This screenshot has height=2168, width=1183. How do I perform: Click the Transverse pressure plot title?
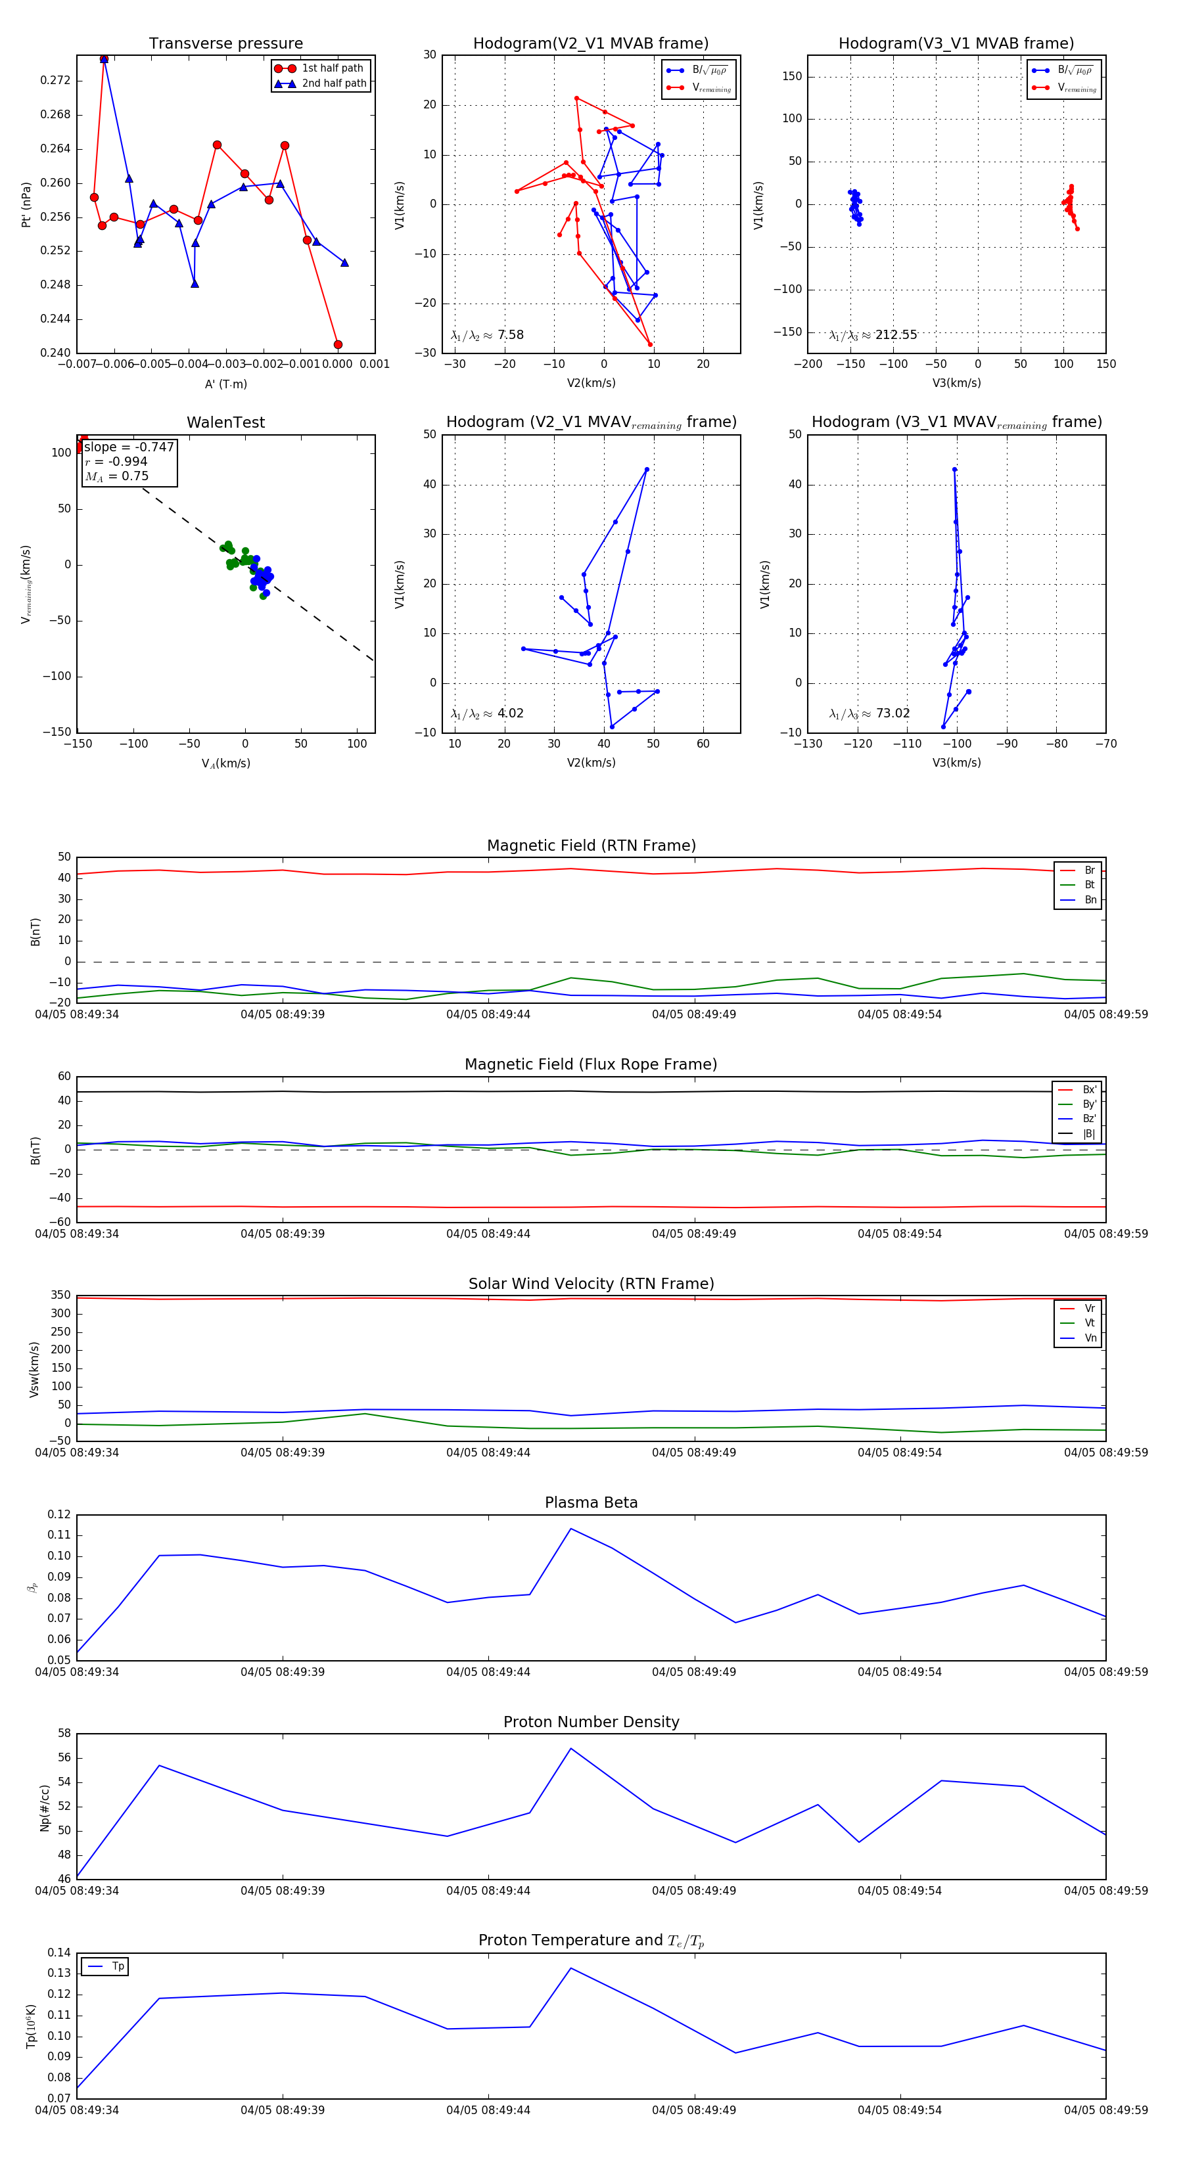225,44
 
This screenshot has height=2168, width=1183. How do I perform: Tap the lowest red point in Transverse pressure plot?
338,344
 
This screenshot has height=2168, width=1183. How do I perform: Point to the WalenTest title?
225,422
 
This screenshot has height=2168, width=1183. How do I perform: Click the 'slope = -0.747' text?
129,447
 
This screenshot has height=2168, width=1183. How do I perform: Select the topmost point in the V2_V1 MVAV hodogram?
647,470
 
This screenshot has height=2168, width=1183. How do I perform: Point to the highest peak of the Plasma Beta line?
571,1528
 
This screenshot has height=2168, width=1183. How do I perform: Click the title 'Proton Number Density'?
591,1722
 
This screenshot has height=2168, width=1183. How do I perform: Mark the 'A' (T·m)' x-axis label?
225,384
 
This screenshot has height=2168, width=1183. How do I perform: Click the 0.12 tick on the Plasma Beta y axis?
59,1515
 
